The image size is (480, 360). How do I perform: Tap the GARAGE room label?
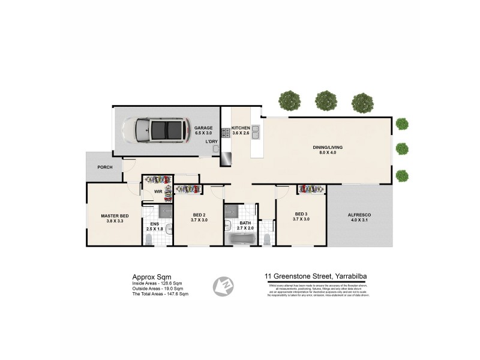[x=203, y=128]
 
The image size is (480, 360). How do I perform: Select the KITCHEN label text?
[x=241, y=128]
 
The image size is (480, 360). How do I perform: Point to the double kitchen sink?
[x=256, y=131]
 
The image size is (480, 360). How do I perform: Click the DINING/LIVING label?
[x=327, y=147]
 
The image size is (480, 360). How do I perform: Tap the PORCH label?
[x=105, y=167]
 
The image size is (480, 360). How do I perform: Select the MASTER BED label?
[x=115, y=216]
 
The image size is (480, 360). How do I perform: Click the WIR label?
[x=158, y=192]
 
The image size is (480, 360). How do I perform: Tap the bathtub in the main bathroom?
[x=240, y=239]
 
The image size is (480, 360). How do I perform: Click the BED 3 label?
[x=301, y=217]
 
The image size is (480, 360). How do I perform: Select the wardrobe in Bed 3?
[x=311, y=189]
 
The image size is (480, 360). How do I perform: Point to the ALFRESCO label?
[x=359, y=217]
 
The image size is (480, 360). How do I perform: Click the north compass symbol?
[x=223, y=286]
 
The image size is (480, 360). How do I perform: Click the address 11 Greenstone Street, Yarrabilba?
[x=316, y=277]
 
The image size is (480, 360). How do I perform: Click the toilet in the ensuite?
[x=149, y=239]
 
